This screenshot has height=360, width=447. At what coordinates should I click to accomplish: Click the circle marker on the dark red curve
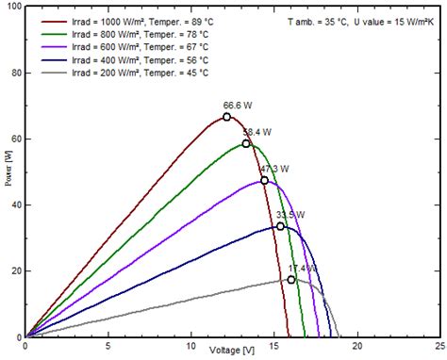(x=227, y=117)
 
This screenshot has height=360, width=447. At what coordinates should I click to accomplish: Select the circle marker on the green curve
(x=246, y=143)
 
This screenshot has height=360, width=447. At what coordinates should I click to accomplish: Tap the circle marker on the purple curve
(x=264, y=180)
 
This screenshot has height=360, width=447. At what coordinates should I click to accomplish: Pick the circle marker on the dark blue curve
(x=280, y=226)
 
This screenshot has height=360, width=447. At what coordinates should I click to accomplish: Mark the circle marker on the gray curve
(x=291, y=279)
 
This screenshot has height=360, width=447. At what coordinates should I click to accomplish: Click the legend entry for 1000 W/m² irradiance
(x=133, y=20)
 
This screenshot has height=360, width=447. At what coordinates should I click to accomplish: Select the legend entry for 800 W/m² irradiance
(x=131, y=33)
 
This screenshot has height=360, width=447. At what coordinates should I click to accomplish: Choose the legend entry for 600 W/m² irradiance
(x=131, y=46)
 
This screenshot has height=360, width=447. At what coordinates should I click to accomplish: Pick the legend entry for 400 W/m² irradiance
(x=131, y=59)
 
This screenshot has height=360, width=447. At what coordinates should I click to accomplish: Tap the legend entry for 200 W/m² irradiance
(x=131, y=73)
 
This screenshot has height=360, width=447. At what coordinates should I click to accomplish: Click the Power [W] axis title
(x=8, y=172)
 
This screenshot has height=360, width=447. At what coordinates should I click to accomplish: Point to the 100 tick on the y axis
(x=13, y=8)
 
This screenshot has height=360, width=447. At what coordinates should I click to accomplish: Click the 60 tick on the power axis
(x=16, y=139)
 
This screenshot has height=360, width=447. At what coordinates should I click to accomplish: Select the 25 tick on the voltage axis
(x=439, y=346)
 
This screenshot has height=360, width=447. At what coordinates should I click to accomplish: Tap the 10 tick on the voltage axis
(x=191, y=346)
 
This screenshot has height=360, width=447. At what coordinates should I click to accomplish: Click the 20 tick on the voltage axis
(x=356, y=346)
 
